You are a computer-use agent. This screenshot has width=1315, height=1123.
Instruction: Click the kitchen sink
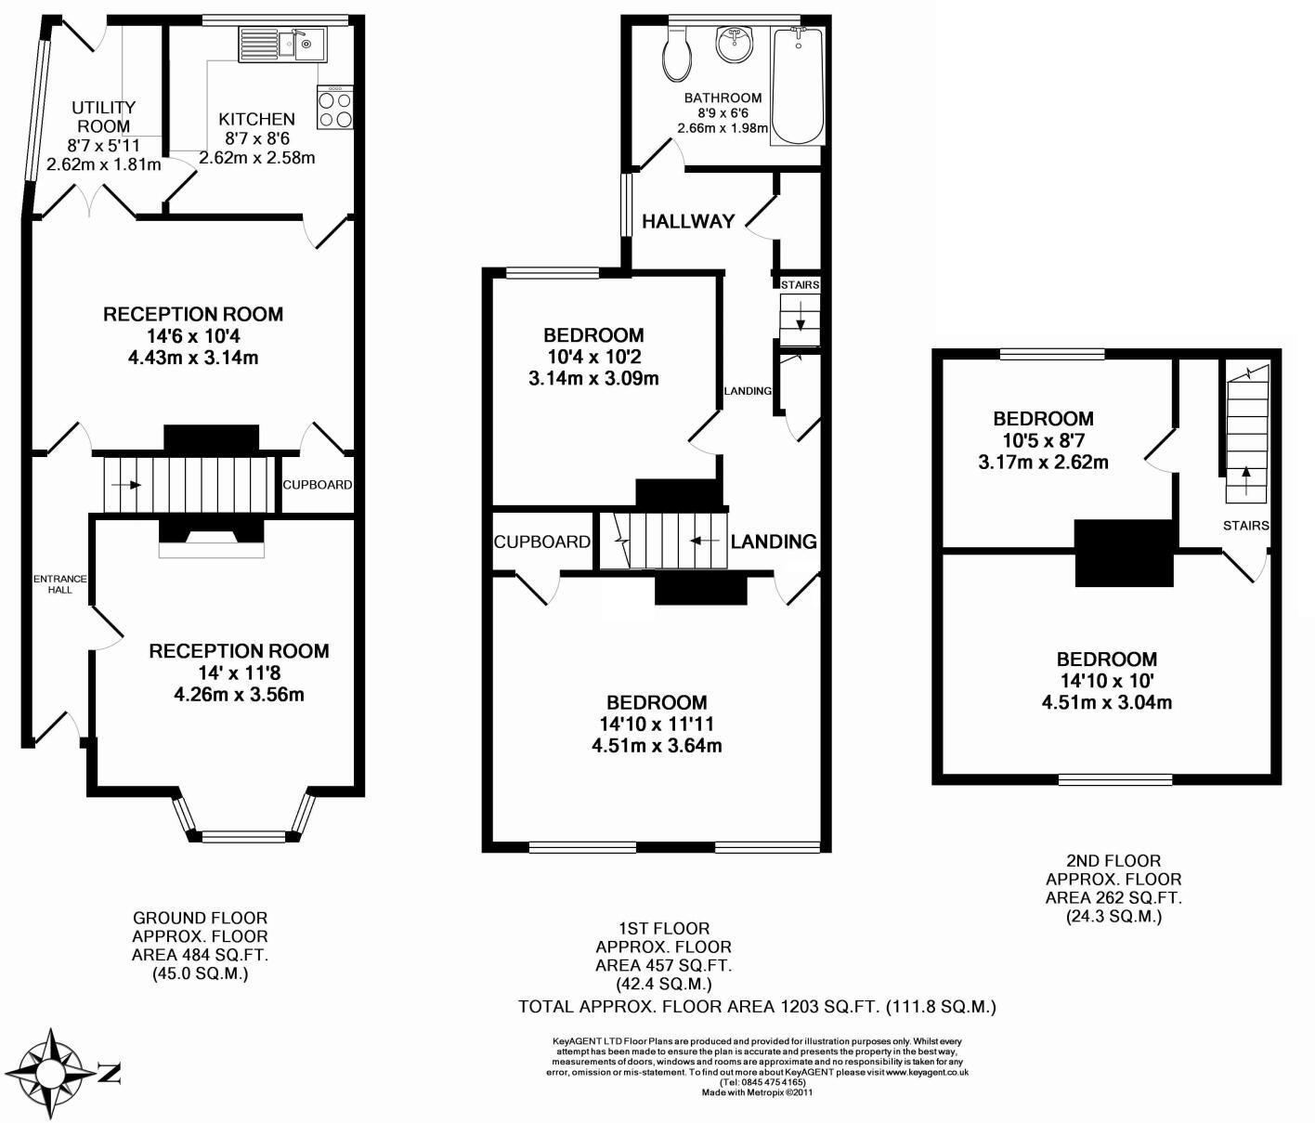282,45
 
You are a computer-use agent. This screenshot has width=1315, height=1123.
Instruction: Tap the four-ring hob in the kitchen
334,108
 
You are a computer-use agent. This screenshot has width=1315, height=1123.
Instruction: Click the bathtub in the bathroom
799,85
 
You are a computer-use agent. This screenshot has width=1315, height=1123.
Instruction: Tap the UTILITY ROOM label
103,117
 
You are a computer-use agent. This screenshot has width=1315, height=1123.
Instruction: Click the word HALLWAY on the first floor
688,221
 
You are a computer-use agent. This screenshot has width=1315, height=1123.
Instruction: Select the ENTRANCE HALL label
60,584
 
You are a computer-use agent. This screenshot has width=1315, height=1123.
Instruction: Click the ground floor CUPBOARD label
318,485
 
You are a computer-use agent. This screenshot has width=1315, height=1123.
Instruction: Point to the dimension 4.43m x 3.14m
193,358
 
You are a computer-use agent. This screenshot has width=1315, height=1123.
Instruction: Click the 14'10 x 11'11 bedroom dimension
657,725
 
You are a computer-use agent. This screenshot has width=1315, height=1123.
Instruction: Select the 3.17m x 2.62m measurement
1043,462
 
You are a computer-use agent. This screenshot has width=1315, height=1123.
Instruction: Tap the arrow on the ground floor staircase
126,485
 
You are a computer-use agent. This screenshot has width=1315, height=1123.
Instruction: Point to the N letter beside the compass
111,1074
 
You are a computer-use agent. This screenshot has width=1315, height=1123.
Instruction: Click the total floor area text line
757,1007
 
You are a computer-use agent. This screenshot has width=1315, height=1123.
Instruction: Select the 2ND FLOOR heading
1113,861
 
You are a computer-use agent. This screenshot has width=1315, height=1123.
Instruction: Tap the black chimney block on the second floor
1124,553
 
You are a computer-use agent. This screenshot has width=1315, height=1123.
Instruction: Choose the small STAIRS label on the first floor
800,284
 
